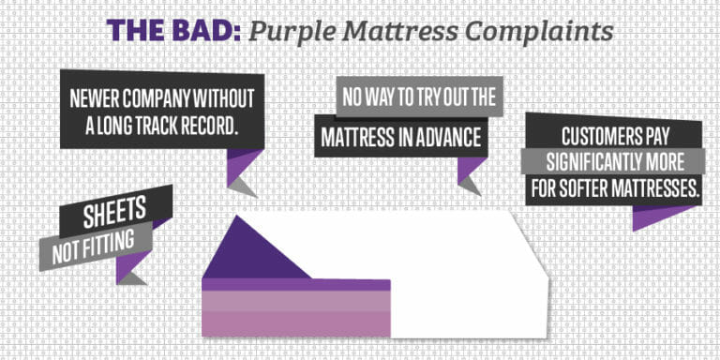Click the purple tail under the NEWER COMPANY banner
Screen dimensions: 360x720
click(242, 164)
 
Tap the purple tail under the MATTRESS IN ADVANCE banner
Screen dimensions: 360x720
click(470, 168)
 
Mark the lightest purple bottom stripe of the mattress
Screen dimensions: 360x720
click(295, 323)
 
